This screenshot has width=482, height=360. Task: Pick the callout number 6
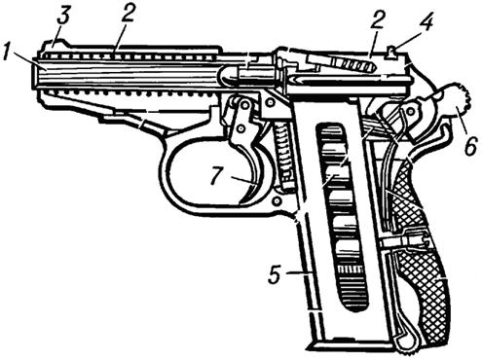470,145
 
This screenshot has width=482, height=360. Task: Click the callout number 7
216,177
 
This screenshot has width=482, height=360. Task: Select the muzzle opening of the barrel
35,72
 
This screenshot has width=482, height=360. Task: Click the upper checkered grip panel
410,195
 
